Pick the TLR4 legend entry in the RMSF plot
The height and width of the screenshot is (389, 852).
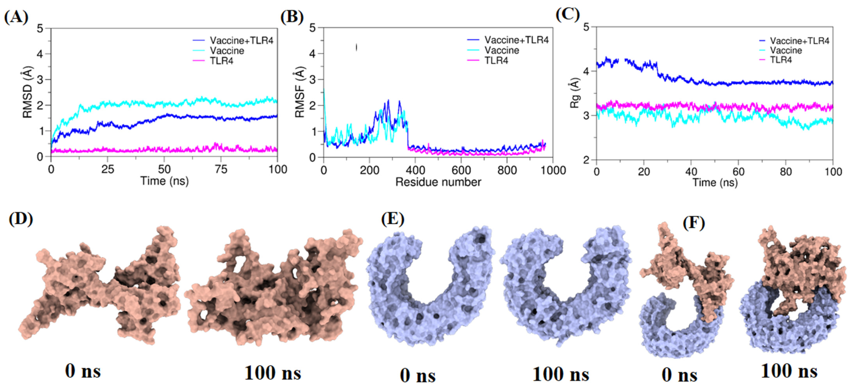pos(496,60)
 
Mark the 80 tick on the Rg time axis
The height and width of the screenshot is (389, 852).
pos(786,172)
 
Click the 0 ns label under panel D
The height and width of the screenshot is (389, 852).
pos(83,371)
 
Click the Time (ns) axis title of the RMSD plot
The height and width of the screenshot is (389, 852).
pos(164,181)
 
